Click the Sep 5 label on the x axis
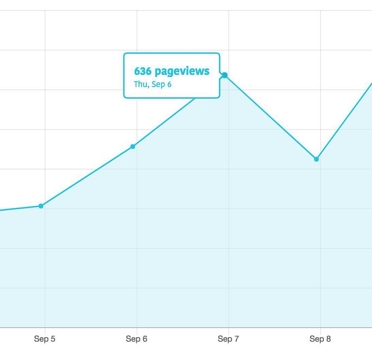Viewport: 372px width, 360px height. pos(45,339)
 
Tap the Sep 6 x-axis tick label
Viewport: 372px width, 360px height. pos(137,339)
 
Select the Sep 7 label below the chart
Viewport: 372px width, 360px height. pos(228,339)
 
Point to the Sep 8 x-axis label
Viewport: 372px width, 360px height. pos(320,339)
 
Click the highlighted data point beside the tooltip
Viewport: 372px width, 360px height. pos(225,76)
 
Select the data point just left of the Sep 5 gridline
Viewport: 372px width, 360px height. pos(41,206)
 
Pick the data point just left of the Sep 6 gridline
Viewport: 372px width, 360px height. pos(133,146)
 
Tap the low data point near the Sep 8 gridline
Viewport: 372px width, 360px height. pos(316,159)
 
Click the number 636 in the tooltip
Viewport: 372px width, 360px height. pos(142,71)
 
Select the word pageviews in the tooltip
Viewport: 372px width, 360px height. pos(182,71)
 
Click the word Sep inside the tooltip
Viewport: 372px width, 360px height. pos(158,85)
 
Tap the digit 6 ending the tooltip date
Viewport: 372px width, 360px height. pos(169,84)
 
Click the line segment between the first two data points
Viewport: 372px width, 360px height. pos(87,176)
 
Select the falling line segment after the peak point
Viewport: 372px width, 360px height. pos(270,117)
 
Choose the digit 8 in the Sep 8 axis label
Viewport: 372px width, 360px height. pos(328,339)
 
